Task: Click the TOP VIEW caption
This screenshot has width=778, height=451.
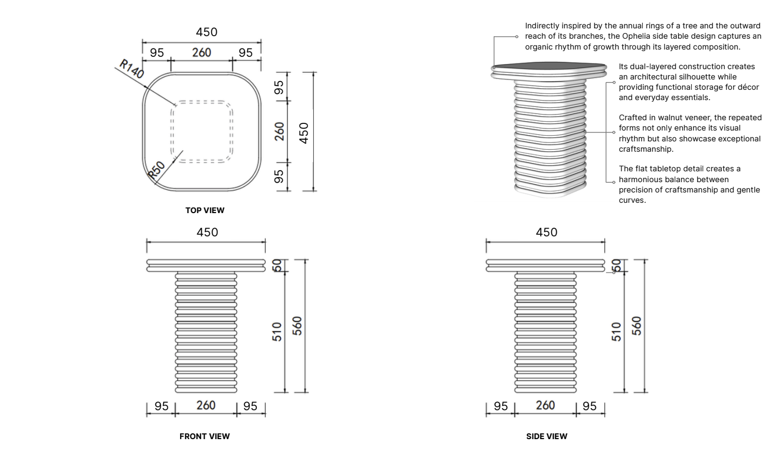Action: click(205, 210)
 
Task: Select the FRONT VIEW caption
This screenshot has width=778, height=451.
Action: click(205, 436)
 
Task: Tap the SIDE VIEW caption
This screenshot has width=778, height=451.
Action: click(547, 436)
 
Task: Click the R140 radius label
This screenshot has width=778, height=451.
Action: click(131, 69)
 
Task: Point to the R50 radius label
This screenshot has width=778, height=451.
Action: click(157, 170)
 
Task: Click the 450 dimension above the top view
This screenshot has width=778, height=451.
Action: click(206, 32)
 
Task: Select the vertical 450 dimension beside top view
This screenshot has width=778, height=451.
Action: click(303, 133)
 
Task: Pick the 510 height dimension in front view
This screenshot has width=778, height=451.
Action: click(277, 331)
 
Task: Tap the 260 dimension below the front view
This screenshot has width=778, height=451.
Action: click(206, 405)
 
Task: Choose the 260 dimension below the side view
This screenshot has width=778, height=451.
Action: click(545, 405)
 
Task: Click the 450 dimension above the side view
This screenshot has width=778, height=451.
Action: click(546, 232)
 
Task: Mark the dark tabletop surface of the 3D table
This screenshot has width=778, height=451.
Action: click(549, 65)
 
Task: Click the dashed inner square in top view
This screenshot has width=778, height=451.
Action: click(201, 101)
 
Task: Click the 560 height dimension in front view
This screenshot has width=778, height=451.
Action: click(297, 326)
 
